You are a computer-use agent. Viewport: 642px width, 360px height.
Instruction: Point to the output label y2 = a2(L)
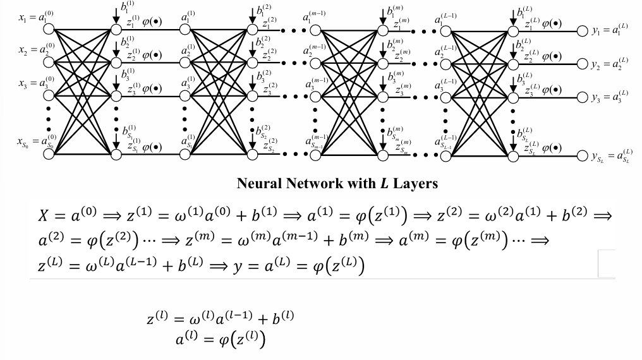pyautogui.click(x=610, y=64)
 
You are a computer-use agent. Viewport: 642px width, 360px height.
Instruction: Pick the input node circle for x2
pyautogui.click(x=49, y=62)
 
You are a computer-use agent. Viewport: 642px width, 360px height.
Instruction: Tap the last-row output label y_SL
pyautogui.click(x=611, y=157)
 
